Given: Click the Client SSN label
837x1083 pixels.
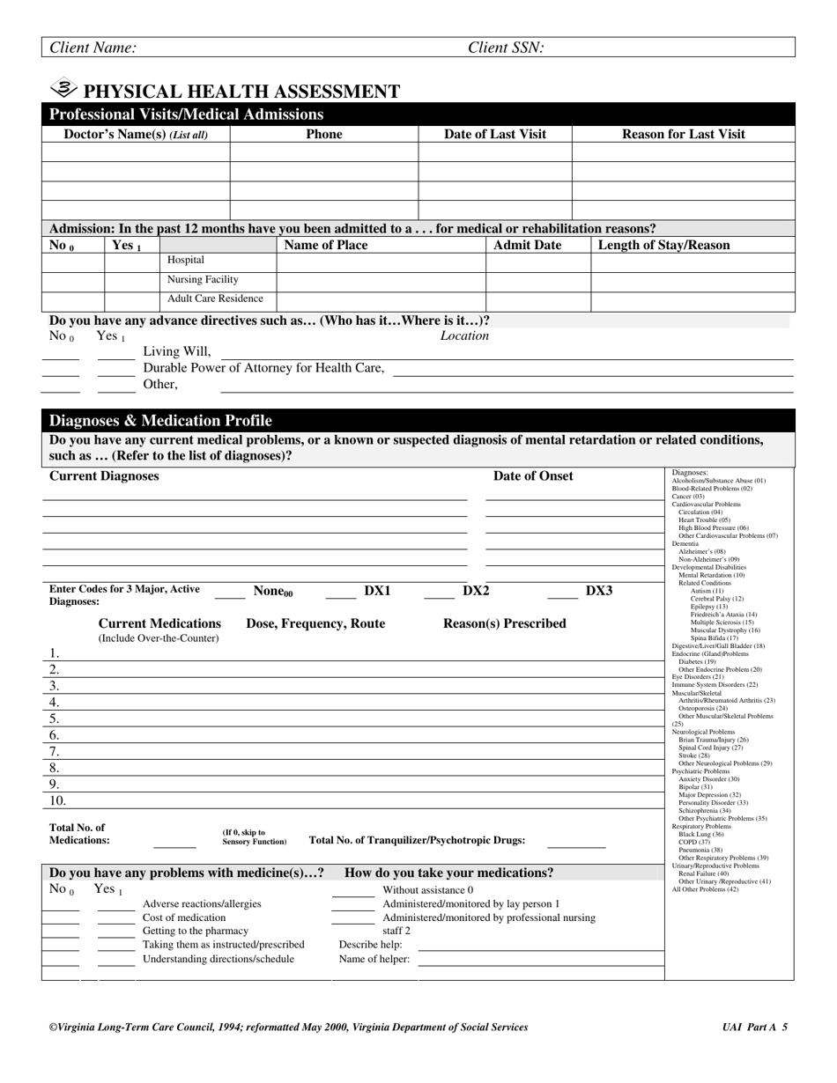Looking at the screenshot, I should [x=505, y=48].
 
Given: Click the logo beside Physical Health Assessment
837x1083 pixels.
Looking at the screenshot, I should [x=64, y=89].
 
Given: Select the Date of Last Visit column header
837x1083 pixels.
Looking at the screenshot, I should [x=494, y=135].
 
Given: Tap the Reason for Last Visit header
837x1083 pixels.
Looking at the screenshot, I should [x=683, y=135].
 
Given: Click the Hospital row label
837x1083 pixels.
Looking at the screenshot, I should [x=185, y=261].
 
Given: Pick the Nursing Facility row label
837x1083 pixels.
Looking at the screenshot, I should [x=203, y=280].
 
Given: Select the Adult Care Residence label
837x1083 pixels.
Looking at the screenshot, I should [x=215, y=299].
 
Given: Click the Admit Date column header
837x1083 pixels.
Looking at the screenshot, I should [x=527, y=246].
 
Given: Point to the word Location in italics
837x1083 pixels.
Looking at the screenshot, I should [x=464, y=336].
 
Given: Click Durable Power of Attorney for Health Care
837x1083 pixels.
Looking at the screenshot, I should [x=263, y=368].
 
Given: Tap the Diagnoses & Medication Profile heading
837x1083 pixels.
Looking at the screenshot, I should [x=160, y=421].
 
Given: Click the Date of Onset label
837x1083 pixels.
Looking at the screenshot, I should [x=532, y=476].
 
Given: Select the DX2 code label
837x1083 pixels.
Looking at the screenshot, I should [x=476, y=591].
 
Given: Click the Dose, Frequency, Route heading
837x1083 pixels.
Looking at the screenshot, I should [x=315, y=624].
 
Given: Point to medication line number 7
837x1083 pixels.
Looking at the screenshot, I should [x=54, y=751].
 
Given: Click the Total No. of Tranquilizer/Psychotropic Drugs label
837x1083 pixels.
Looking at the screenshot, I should [x=417, y=841].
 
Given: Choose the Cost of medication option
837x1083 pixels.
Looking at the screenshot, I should [x=184, y=917].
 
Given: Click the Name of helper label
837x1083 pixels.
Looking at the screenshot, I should [x=374, y=960].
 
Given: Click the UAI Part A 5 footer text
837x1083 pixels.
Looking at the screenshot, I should [x=754, y=1028].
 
